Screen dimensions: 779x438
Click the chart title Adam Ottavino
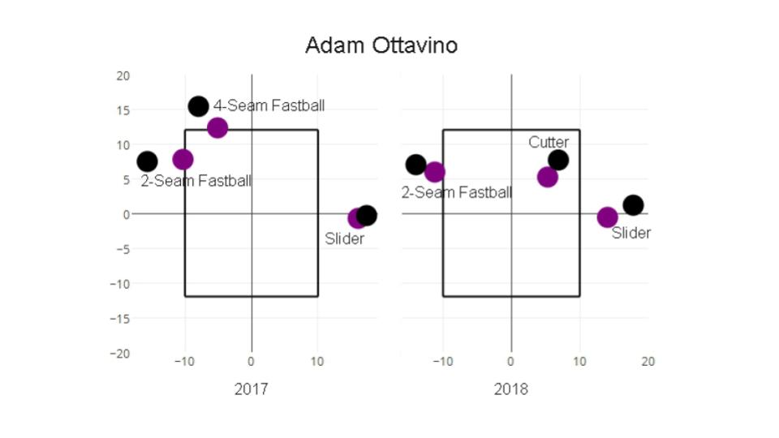tap(381, 45)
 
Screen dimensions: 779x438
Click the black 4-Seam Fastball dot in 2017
tap(198, 106)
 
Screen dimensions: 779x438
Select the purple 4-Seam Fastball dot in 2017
tap(217, 127)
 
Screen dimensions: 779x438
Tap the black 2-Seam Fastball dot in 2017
tap(147, 161)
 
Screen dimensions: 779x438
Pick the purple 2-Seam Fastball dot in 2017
tap(183, 160)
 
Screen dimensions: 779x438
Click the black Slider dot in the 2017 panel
tap(366, 216)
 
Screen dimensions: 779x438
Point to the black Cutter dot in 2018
tap(558, 160)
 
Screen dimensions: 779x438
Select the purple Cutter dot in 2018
tap(548, 177)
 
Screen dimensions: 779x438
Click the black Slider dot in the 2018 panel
tap(634, 204)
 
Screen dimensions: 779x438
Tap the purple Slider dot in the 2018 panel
tap(607, 217)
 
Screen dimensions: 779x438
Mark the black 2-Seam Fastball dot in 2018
tap(415, 165)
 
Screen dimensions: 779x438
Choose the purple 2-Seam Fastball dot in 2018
tap(435, 172)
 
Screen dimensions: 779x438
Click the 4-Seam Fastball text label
tap(269, 105)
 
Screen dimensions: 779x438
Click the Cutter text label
tap(549, 143)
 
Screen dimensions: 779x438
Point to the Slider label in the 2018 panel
tap(631, 233)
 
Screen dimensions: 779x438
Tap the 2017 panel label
tap(251, 389)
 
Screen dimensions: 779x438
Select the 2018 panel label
tap(510, 389)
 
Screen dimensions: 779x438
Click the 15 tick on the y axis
tap(123, 110)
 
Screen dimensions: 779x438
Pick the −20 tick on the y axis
tap(120, 354)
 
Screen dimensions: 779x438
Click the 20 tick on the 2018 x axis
tap(648, 362)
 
